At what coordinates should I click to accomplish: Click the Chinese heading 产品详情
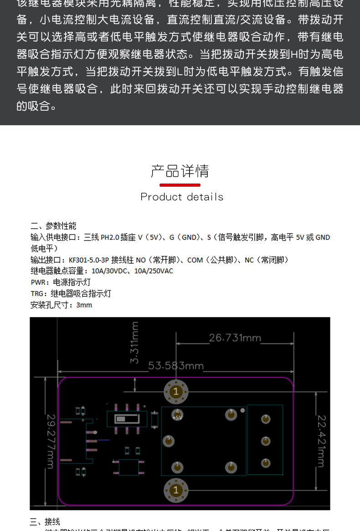180,171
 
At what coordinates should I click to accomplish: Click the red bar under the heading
180,185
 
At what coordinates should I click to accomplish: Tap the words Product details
182,197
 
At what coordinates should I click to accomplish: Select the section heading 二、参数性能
53,226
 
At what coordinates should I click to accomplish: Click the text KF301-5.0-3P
89,260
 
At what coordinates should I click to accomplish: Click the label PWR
38,282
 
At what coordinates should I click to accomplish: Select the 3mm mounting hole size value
84,305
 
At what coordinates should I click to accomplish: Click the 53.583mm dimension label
176,366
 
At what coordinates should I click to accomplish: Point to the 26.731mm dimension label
235,338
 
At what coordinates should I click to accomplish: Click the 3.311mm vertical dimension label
134,342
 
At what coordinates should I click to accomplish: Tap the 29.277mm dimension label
51,441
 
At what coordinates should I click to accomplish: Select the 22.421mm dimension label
321,440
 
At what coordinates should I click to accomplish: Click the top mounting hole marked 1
176,391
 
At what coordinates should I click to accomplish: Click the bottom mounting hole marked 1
176,490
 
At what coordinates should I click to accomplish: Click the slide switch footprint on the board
127,419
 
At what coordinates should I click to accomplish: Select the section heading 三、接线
45,522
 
